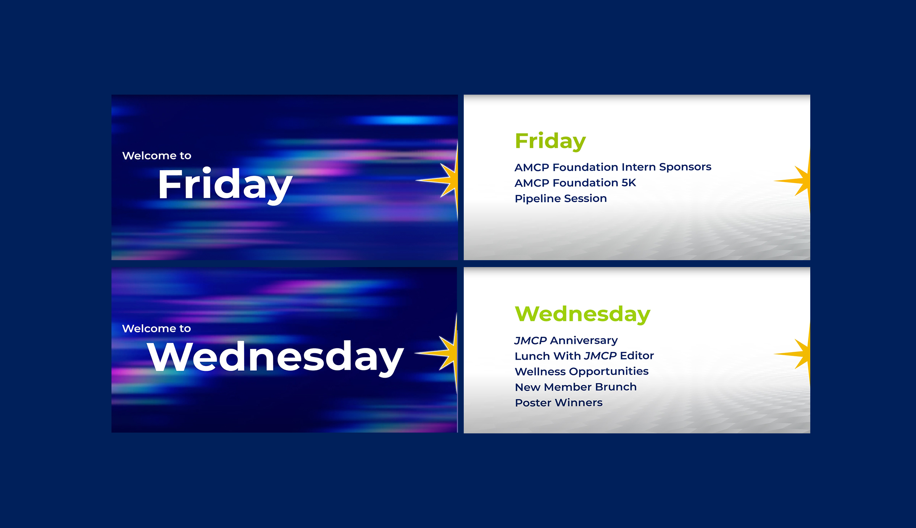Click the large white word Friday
pos(225,185)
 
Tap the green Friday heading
pos(550,142)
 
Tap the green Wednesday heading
pos(582,314)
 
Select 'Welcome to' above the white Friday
pos(156,156)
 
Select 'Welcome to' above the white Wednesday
pos(156,328)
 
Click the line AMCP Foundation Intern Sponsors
pos(613,167)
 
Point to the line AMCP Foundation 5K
pos(575,183)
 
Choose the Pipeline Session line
pos(561,198)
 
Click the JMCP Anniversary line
pos(566,340)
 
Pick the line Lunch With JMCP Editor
pos(584,356)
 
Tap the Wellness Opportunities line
pos(582,372)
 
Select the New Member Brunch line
pos(576,387)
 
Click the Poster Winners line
pos(559,403)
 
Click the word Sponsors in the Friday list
pos(685,167)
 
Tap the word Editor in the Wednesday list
pos(637,356)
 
